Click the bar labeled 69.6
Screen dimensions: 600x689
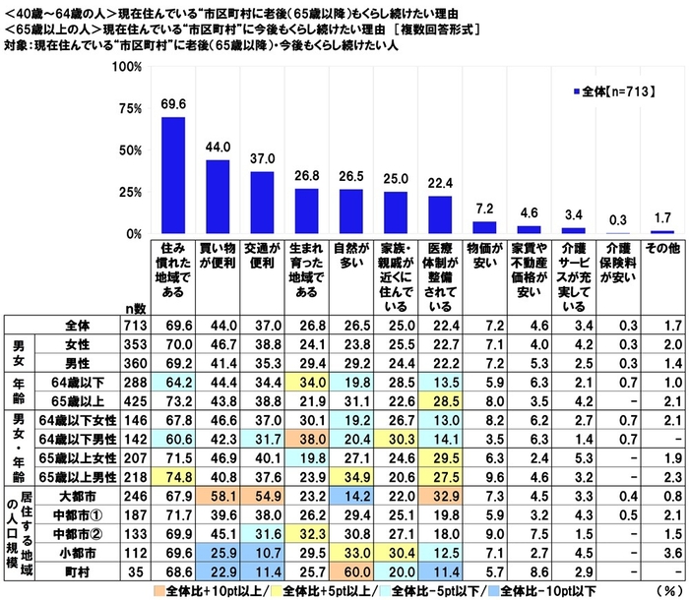[x=173, y=175]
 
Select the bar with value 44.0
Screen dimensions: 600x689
[x=218, y=197]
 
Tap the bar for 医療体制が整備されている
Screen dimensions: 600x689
[x=439, y=214]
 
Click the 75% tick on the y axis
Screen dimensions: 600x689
[x=127, y=109]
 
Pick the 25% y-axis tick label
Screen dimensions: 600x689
[x=127, y=193]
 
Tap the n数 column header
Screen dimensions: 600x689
[x=138, y=307]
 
